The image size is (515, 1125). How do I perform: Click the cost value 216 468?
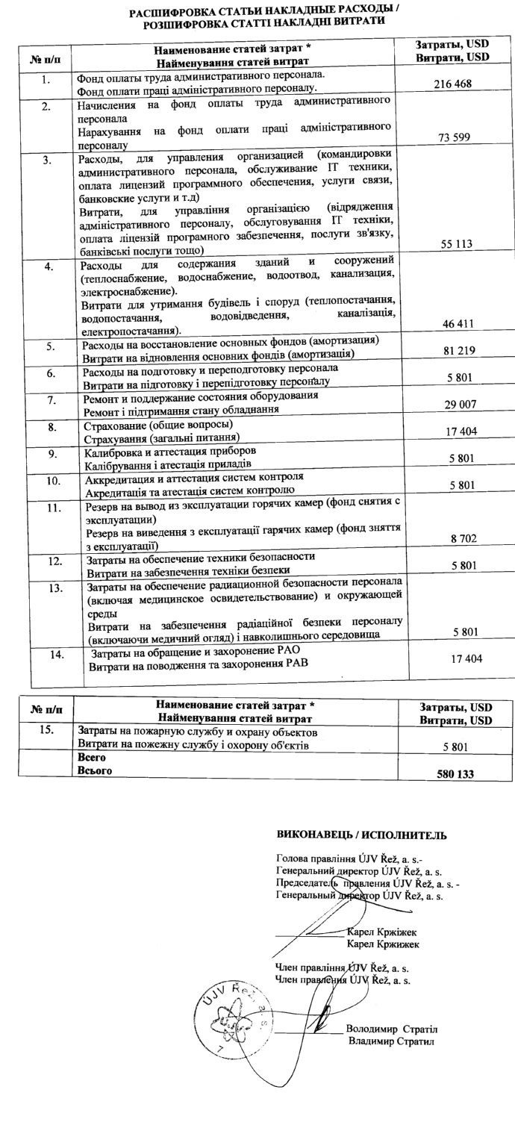pyautogui.click(x=452, y=84)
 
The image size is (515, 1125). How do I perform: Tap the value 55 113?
pyautogui.click(x=452, y=244)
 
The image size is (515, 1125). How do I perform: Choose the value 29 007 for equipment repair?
pyautogui.click(x=452, y=404)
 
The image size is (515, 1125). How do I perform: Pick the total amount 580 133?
pyautogui.click(x=455, y=775)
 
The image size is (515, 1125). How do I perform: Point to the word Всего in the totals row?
pyautogui.click(x=90, y=757)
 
